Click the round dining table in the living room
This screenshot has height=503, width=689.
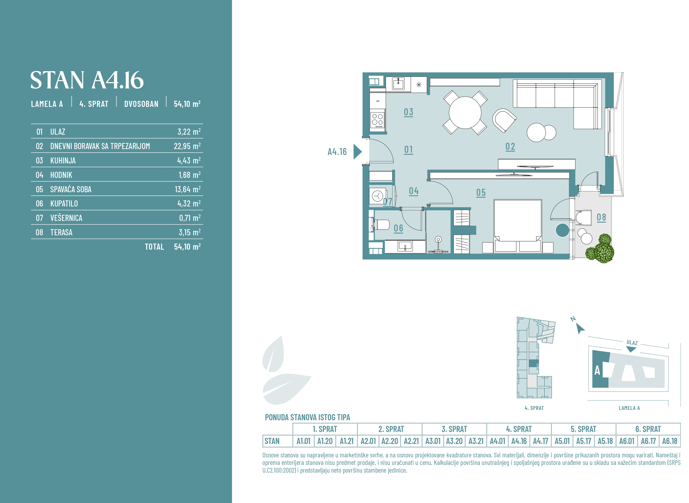point(465,112)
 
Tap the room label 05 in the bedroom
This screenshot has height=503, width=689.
point(481,193)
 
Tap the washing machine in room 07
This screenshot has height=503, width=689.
point(378,196)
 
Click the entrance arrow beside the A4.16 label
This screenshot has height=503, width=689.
point(357,152)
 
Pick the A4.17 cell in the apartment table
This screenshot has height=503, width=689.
point(541,441)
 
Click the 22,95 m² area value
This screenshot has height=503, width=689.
point(187,146)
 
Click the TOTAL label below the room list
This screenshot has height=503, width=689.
point(154,247)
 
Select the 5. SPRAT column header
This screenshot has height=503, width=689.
point(583,429)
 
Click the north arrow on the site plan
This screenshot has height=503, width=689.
point(580,329)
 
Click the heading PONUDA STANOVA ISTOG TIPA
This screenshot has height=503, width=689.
point(307,417)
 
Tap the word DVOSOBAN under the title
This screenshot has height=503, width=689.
point(141,104)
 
